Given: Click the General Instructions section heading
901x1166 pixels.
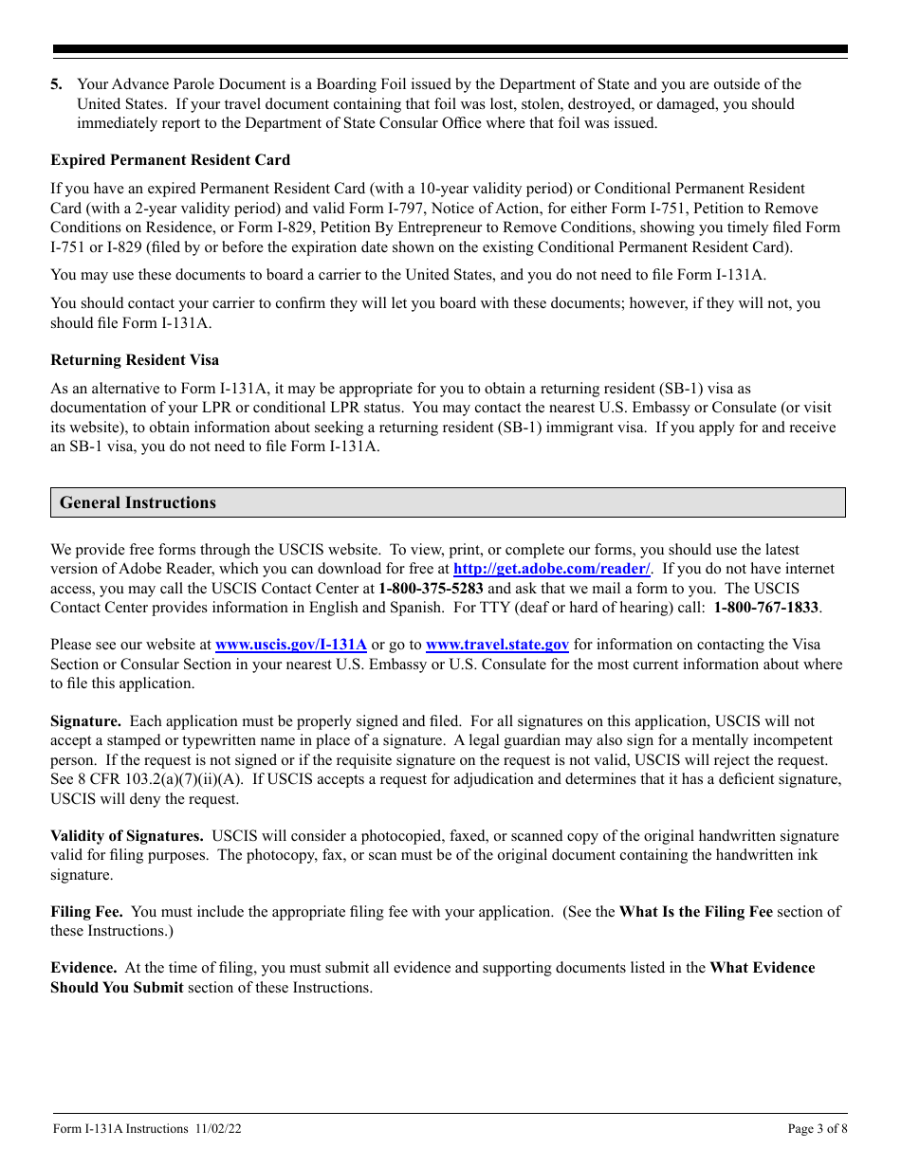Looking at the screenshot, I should [x=138, y=502].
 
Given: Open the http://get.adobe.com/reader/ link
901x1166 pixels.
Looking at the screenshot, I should [x=552, y=569].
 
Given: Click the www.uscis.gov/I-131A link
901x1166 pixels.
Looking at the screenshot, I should [x=291, y=645].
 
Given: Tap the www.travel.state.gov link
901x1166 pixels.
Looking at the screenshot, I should [x=497, y=645].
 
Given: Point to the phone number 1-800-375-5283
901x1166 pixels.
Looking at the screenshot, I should [x=431, y=588].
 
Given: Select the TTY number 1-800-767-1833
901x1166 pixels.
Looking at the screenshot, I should [x=767, y=607].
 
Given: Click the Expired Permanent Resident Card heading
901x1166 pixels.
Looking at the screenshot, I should [x=171, y=159].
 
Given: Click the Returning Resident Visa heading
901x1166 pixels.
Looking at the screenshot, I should [x=135, y=359].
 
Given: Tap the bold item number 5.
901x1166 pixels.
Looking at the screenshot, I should [x=57, y=84].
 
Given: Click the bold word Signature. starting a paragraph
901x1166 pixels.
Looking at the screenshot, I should [x=85, y=721].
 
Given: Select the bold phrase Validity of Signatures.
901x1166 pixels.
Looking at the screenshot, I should [x=127, y=836].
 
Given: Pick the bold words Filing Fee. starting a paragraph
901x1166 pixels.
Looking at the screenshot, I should [x=86, y=912].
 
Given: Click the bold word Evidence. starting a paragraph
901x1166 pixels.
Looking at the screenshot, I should [x=83, y=968].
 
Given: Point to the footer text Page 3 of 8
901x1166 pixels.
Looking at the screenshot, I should [x=818, y=1128].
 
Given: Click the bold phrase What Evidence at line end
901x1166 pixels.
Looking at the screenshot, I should [x=762, y=968].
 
